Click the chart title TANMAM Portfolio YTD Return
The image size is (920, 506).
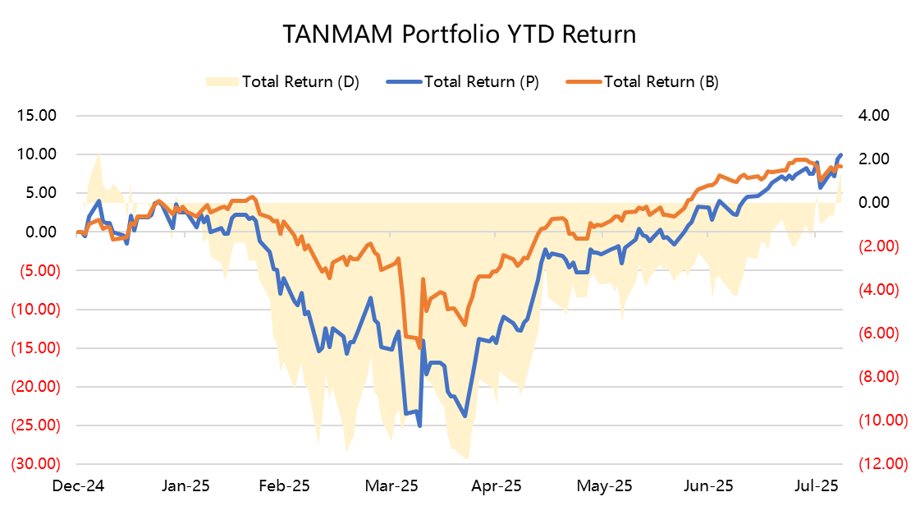[x=460, y=34]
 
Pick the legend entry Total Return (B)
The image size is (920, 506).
[x=661, y=81]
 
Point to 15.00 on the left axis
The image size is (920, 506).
[x=36, y=116]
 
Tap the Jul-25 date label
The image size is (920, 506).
[x=818, y=485]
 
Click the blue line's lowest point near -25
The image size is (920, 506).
[x=420, y=425]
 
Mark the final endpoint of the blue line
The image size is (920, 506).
[x=841, y=154]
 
